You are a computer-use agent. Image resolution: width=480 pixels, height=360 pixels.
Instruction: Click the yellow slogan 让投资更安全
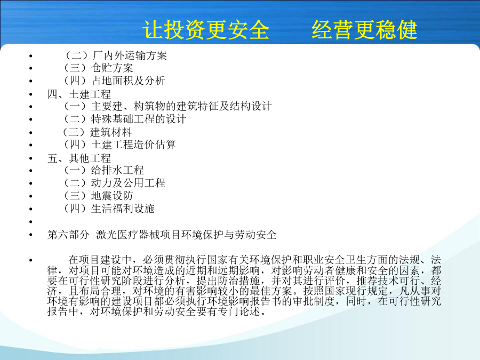pyautogui.click(x=206, y=30)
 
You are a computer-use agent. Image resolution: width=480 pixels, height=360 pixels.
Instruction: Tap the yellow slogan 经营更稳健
pyautogui.click(x=364, y=30)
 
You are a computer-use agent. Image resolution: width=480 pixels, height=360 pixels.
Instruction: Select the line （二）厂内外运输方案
pyautogui.click(x=115, y=55)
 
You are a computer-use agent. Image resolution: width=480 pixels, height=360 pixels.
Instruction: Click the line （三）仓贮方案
pyautogui.click(x=98, y=68)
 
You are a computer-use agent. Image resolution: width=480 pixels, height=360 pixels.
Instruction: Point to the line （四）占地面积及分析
pyautogui.click(x=114, y=81)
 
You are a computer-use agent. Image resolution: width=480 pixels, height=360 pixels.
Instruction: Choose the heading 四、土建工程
pyautogui.click(x=79, y=94)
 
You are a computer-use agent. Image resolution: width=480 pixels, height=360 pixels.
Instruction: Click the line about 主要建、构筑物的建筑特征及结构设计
pyautogui.click(x=167, y=106)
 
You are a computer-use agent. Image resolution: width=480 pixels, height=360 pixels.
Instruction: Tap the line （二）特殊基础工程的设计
pyautogui.click(x=125, y=119)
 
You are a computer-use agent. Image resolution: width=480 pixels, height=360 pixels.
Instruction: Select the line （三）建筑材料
pyautogui.click(x=97, y=132)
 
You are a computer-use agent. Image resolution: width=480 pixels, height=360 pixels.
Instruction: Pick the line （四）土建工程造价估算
pyautogui.click(x=119, y=145)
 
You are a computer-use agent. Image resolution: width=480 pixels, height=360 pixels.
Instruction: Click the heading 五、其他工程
pyautogui.click(x=79, y=158)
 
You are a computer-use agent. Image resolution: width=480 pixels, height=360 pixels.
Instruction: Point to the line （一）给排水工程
pyautogui.click(x=103, y=170)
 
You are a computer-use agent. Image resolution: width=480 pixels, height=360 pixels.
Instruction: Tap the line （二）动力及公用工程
pyautogui.click(x=114, y=183)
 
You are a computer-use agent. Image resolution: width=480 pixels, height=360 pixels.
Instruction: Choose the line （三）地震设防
pyautogui.click(x=98, y=196)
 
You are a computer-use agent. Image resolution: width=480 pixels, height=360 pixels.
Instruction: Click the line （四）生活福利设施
pyautogui.click(x=109, y=209)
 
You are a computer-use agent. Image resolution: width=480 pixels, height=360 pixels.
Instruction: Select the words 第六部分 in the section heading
pyautogui.click(x=68, y=235)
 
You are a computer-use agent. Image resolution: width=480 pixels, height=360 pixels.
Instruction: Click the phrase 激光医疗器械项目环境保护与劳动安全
pyautogui.click(x=187, y=235)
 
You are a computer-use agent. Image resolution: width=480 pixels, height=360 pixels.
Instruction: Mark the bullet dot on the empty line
pyautogui.click(x=30, y=222)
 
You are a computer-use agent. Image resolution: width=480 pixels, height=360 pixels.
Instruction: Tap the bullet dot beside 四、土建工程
pyautogui.click(x=30, y=94)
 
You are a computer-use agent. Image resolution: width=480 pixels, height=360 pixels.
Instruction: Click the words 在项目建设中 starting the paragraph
pyautogui.click(x=100, y=260)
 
